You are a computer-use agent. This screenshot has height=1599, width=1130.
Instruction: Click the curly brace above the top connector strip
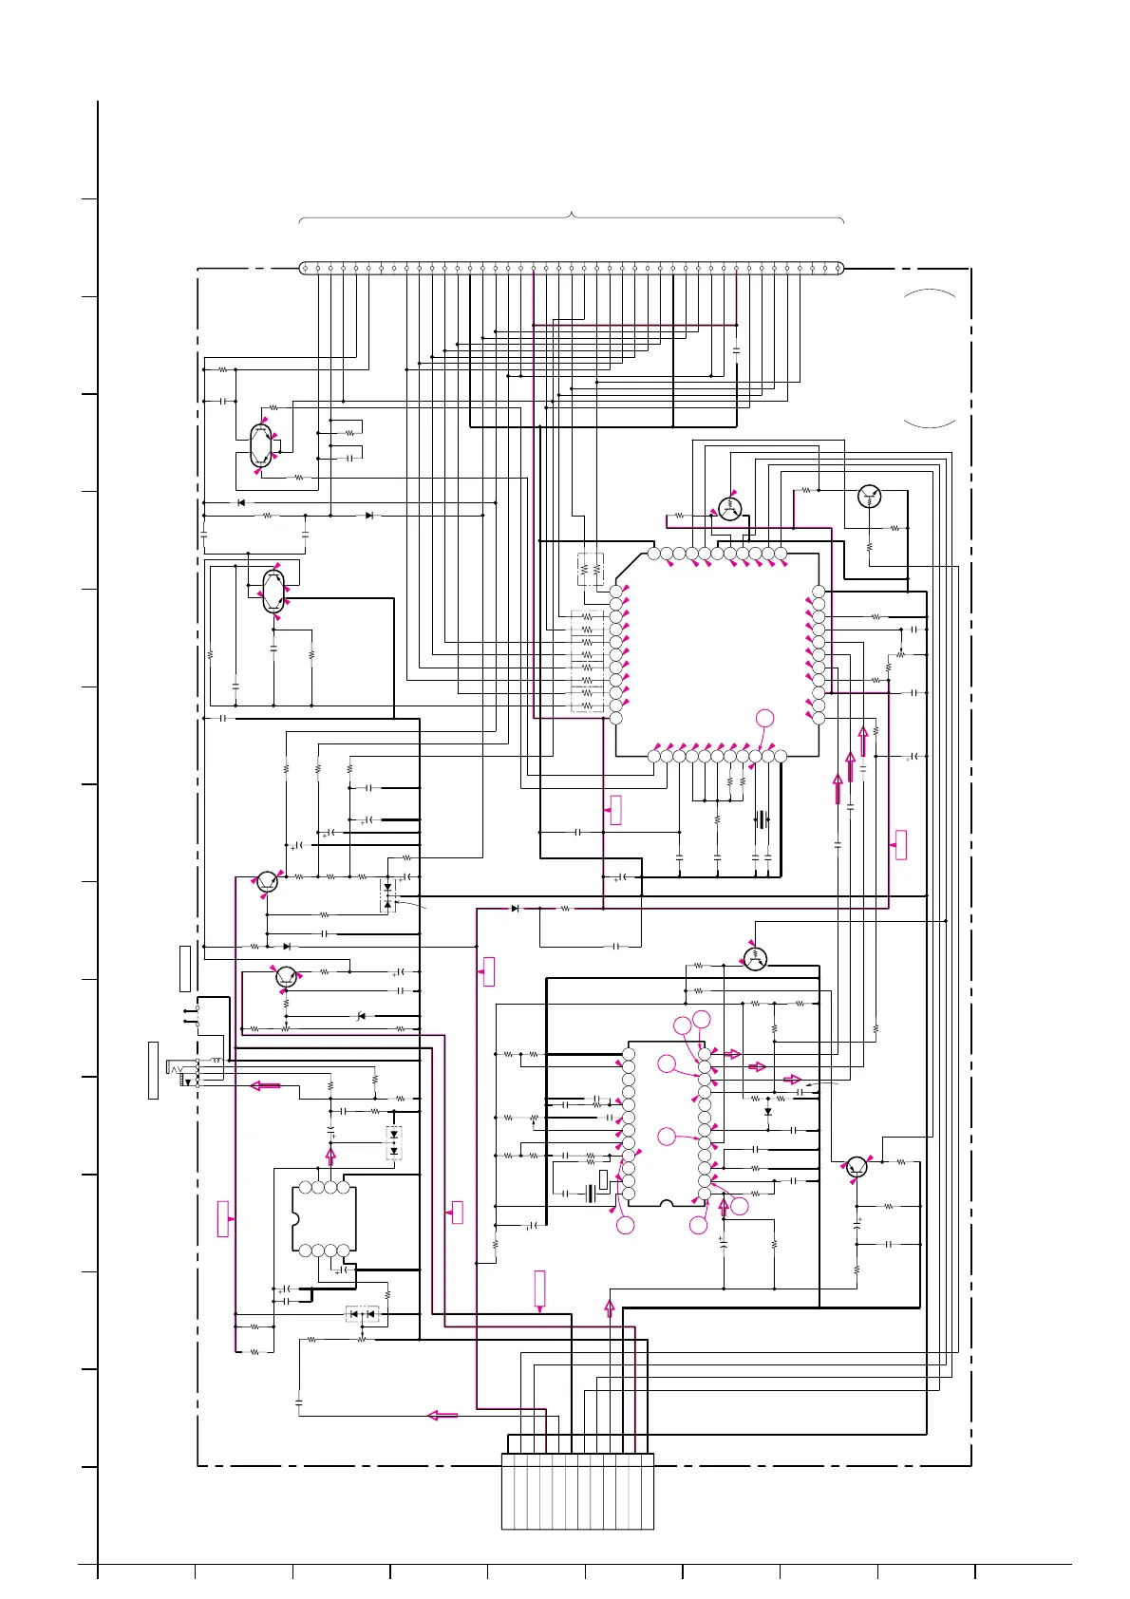click(x=572, y=216)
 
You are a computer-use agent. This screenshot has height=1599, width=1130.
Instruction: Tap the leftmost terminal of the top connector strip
click(x=305, y=269)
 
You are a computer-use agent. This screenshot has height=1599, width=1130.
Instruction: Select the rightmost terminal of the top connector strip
click(x=838, y=269)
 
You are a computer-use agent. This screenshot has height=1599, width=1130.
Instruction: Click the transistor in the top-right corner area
click(x=869, y=496)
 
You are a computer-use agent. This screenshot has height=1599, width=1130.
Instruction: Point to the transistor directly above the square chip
click(x=729, y=508)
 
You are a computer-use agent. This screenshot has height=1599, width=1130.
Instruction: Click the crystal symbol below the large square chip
click(x=761, y=819)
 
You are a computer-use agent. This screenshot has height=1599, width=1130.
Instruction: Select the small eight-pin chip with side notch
click(x=324, y=1218)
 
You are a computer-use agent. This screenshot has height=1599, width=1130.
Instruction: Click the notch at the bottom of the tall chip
click(x=667, y=1204)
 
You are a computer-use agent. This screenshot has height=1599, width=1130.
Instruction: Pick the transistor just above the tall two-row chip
click(x=755, y=959)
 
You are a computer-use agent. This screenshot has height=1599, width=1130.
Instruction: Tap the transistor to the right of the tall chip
click(x=857, y=1168)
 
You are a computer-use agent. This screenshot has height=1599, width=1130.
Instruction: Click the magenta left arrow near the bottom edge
click(x=443, y=1415)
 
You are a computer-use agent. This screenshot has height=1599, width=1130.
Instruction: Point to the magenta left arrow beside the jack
click(x=265, y=1086)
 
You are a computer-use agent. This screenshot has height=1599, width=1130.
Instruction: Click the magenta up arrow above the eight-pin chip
click(x=330, y=1156)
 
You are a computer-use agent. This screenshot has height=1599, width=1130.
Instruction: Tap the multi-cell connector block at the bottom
click(x=577, y=1491)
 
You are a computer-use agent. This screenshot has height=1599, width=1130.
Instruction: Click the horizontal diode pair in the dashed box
click(x=362, y=1314)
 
